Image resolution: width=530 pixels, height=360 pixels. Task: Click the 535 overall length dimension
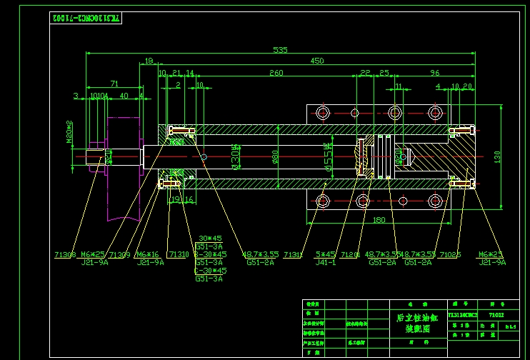(x=280, y=50)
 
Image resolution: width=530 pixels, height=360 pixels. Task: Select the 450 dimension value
(x=316, y=61)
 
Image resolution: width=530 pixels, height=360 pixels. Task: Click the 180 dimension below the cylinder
(x=379, y=220)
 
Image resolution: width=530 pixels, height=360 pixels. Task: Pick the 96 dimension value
(x=434, y=73)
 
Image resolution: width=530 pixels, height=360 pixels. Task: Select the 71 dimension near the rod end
(x=114, y=84)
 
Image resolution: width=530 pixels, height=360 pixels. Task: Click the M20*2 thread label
(x=70, y=131)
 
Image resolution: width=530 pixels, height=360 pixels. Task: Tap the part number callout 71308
(x=64, y=254)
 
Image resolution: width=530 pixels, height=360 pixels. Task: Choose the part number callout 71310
(x=178, y=254)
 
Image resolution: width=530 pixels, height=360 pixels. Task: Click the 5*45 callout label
(x=325, y=254)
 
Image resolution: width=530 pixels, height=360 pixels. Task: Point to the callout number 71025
(x=450, y=254)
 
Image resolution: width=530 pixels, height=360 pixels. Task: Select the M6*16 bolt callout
(x=148, y=254)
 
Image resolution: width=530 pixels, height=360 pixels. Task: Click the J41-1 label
(x=325, y=262)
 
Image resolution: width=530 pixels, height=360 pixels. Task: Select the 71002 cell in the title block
(x=496, y=314)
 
